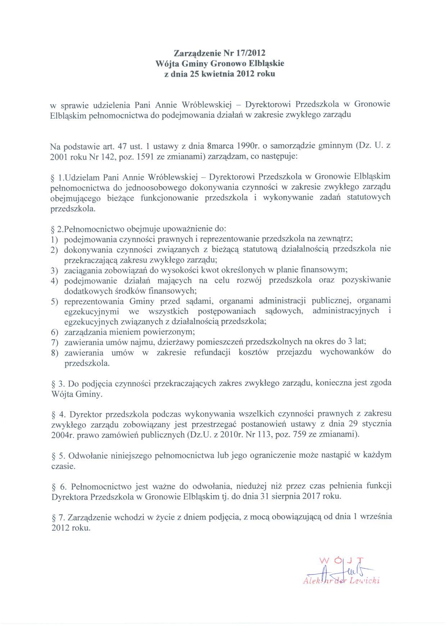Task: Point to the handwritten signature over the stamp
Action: tap(338, 571)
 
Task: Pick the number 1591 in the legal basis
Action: tap(142, 157)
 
